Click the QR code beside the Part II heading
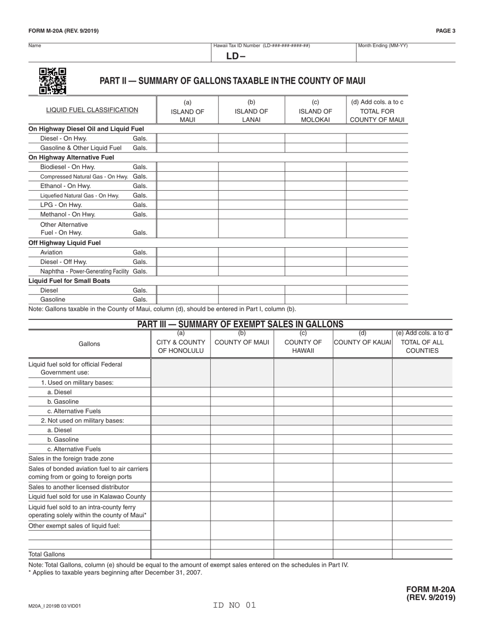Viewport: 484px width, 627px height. pyautogui.click(x=52, y=81)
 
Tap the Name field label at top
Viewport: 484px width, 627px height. pyautogui.click(x=35, y=46)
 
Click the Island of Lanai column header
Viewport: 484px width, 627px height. pyautogui.click(x=251, y=111)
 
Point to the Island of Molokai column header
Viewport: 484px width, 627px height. pyautogui.click(x=315, y=111)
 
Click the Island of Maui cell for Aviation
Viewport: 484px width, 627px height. pyautogui.click(x=187, y=252)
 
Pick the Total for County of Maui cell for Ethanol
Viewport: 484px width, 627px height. pyautogui.click(x=377, y=186)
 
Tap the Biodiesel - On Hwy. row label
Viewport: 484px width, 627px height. pyautogui.click(x=67, y=167)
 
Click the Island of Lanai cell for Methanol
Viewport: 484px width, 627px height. pyautogui.click(x=251, y=215)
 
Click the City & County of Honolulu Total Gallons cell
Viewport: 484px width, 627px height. pyautogui.click(x=181, y=554)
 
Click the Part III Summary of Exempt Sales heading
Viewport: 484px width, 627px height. pyautogui.click(x=240, y=324)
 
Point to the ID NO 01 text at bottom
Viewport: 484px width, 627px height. pyautogui.click(x=234, y=606)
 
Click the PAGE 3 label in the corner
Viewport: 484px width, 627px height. pyautogui.click(x=445, y=31)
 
